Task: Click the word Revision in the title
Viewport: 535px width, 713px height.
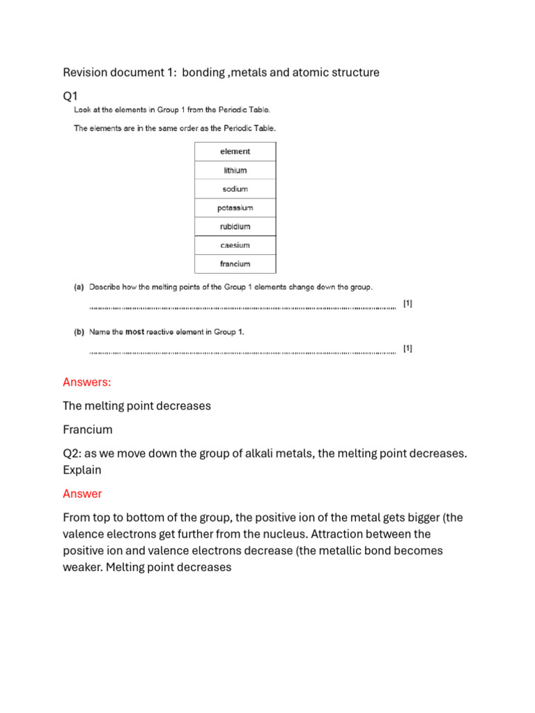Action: tap(85, 72)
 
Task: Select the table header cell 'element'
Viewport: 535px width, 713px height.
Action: tap(235, 151)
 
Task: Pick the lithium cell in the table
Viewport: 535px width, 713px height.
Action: tap(235, 170)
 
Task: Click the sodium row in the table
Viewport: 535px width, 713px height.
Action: tap(235, 189)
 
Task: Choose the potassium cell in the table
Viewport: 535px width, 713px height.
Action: tap(235, 207)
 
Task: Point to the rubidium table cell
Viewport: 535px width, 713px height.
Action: tap(235, 226)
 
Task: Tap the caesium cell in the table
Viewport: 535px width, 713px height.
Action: tap(235, 245)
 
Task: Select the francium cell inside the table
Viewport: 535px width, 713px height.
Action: tap(235, 264)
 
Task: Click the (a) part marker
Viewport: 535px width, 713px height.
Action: tap(79, 287)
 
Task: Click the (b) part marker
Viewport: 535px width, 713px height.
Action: tap(79, 332)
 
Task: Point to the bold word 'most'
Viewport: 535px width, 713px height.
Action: tap(134, 332)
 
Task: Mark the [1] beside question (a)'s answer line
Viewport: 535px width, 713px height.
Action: tap(408, 304)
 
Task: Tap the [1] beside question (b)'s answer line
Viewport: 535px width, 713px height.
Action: tap(408, 349)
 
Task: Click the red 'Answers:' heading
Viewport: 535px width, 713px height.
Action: tap(87, 382)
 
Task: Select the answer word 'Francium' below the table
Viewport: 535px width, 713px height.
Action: tap(87, 430)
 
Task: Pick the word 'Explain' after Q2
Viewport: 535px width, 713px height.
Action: tap(82, 470)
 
